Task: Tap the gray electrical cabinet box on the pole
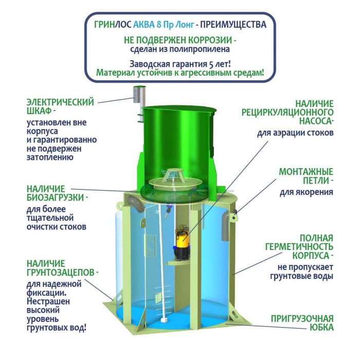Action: pos(136,94)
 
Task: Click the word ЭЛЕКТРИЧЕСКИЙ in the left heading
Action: pos(60,102)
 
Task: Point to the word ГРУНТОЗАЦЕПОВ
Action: pos(61,273)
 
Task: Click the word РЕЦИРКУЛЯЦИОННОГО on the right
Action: pos(287,113)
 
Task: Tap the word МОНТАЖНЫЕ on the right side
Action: pos(306,172)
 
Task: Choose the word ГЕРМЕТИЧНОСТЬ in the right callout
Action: pos(299,247)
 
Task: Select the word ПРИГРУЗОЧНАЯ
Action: pos(302,319)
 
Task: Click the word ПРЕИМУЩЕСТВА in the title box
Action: pos(233,25)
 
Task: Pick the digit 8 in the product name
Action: pos(159,25)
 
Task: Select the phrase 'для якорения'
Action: pos(307,192)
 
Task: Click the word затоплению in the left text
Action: pos(50,157)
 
